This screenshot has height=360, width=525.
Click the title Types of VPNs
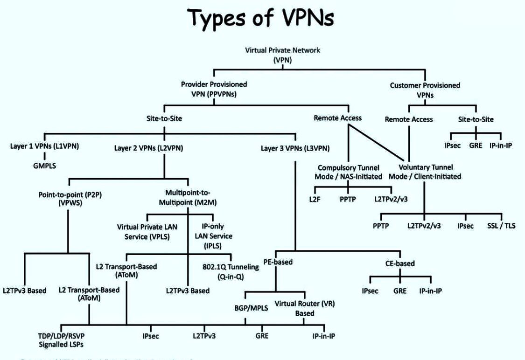(x=263, y=19)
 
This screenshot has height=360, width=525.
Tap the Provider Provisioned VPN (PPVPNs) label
(x=214, y=89)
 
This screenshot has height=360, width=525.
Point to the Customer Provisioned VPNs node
(x=425, y=90)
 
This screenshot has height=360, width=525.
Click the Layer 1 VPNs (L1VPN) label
(x=44, y=146)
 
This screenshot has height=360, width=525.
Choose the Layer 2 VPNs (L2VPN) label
(x=148, y=148)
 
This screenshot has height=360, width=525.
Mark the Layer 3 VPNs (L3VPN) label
(x=295, y=148)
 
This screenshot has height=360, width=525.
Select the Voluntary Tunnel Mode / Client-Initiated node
(x=431, y=172)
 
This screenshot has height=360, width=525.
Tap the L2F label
(x=314, y=199)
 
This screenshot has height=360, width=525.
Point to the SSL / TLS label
(x=502, y=226)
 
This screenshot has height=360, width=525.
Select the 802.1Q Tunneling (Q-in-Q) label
(x=231, y=271)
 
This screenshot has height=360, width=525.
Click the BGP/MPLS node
(x=246, y=308)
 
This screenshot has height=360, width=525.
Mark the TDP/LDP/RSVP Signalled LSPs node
(x=62, y=340)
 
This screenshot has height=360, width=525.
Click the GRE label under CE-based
(x=400, y=291)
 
